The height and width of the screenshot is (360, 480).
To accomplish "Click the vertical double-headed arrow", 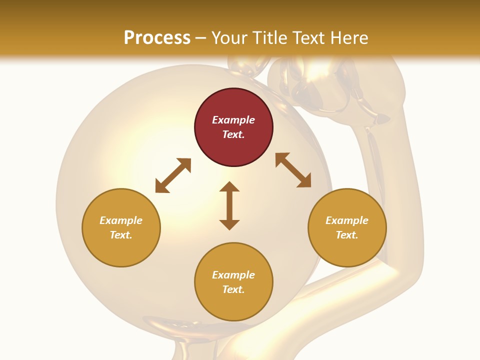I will click(x=229, y=206).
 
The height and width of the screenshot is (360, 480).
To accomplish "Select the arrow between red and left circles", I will click(x=173, y=175).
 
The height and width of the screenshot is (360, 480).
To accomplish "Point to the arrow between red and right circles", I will click(x=293, y=170).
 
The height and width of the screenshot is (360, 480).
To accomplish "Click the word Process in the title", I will click(x=157, y=37).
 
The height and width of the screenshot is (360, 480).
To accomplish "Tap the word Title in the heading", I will click(x=271, y=37).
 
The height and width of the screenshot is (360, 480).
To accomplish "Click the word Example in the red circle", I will click(x=233, y=120).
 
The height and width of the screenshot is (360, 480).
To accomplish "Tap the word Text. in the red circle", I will click(x=233, y=134).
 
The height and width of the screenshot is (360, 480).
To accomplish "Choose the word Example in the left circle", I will click(x=121, y=220).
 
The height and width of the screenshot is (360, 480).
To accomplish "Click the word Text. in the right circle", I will click(x=347, y=235).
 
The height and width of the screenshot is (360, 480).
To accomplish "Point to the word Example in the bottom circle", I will click(x=233, y=275).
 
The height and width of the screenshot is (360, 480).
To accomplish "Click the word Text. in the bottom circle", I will click(x=233, y=289).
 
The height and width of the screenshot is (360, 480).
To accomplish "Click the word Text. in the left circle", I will click(x=121, y=235).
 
